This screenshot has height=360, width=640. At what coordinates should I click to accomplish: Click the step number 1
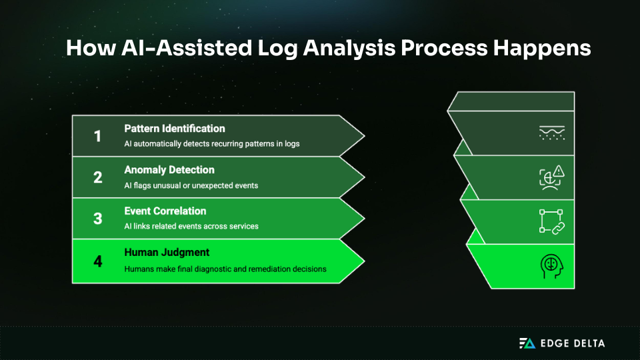97,137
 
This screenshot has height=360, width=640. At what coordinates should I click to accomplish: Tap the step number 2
97,178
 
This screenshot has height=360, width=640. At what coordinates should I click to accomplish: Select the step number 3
97,219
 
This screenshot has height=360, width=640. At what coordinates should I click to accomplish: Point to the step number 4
97,261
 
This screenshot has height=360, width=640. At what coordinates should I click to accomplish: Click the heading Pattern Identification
175,129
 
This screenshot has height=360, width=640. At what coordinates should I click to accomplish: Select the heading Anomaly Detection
169,170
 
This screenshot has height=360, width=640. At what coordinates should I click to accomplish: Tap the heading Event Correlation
165,211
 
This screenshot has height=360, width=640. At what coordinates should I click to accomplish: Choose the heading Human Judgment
167,253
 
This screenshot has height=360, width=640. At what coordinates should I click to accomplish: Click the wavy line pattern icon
551,133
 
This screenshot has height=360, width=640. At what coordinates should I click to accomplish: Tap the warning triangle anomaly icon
551,177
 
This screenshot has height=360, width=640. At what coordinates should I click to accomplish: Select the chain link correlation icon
551,221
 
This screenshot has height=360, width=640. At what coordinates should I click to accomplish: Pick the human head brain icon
551,266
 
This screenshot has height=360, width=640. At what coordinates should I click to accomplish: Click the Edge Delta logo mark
527,343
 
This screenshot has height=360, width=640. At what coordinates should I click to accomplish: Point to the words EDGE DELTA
573,343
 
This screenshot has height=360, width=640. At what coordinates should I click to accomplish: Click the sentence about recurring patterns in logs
212,144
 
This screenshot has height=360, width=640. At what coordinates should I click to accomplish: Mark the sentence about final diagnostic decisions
225,269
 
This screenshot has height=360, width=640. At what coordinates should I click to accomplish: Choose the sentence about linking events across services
191,227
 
